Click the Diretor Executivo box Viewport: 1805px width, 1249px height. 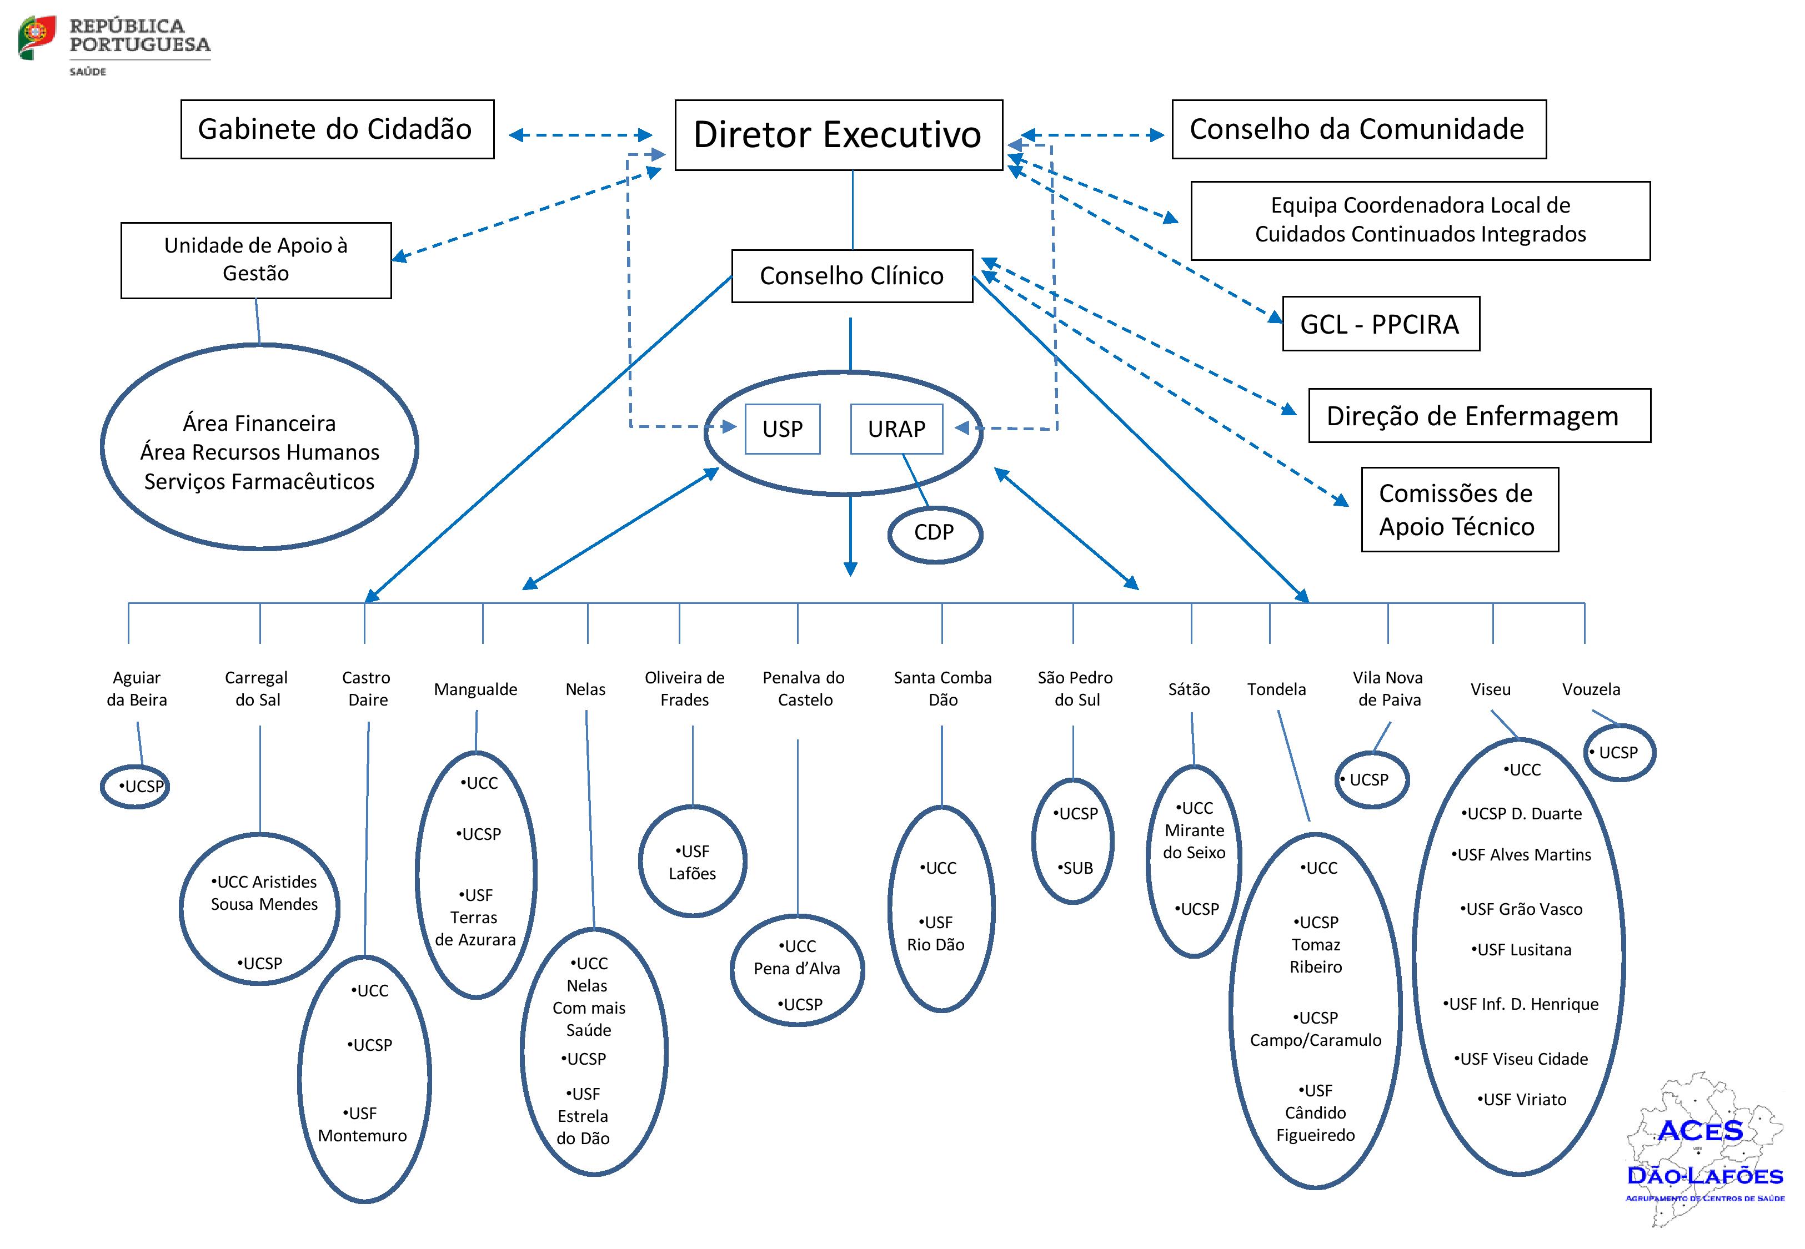point(838,134)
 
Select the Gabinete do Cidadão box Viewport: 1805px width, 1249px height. point(337,129)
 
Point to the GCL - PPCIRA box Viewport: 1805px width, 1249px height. point(1380,324)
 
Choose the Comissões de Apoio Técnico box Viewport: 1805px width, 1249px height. point(1459,510)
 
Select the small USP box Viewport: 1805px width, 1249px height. point(782,429)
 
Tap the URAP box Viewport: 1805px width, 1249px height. point(896,429)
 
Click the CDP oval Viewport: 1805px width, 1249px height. point(935,533)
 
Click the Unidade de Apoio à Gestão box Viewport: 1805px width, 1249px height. point(256,260)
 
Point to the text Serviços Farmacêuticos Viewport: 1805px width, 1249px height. point(259,481)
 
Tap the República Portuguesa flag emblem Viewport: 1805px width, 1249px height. point(37,37)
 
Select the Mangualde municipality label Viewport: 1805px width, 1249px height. point(476,689)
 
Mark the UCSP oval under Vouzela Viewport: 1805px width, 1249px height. point(1619,753)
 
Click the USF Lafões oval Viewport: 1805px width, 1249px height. point(693,862)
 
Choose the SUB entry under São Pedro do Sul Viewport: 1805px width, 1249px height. point(1077,868)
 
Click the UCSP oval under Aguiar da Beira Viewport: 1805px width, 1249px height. point(136,787)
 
